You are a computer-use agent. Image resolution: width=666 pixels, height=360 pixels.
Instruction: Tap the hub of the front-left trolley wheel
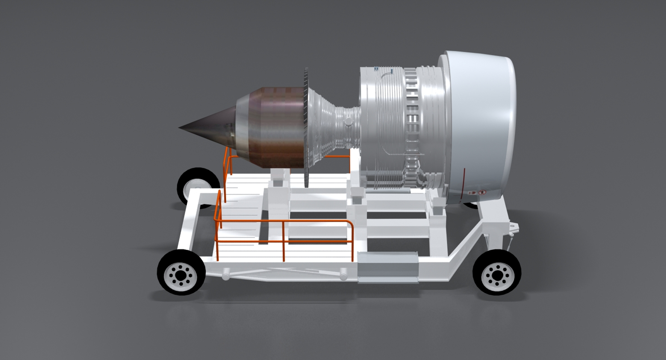click(181, 276)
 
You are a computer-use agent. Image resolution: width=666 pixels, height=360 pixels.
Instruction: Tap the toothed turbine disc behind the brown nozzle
click(306, 128)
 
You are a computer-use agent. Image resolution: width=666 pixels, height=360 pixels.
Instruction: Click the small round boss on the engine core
click(348, 122)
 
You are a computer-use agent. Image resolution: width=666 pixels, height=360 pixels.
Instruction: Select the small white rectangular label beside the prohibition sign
click(472, 193)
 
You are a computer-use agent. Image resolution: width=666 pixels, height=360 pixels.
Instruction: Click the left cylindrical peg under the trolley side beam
click(225, 274)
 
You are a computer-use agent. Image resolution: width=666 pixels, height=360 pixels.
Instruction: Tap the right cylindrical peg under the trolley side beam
click(343, 274)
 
